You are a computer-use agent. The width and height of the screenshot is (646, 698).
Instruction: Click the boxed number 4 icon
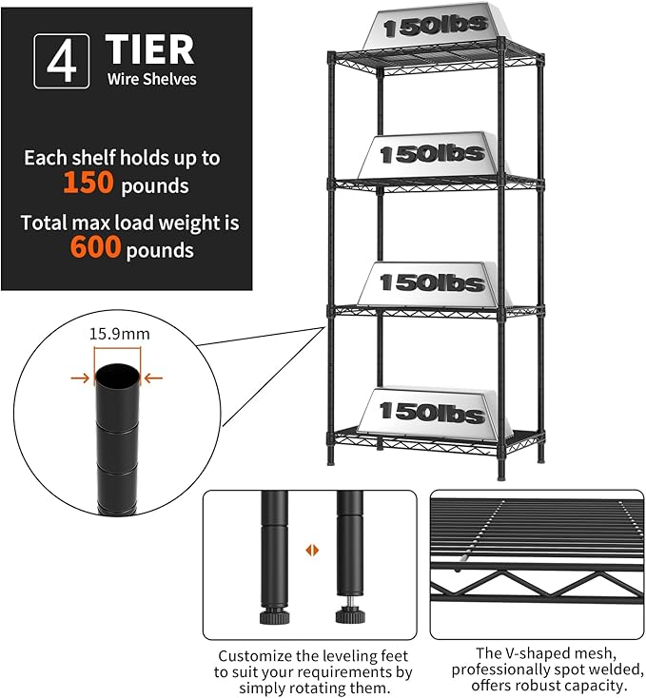(61, 61)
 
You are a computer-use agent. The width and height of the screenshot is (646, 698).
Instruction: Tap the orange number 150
(89, 183)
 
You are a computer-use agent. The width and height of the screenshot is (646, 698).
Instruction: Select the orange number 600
(96, 248)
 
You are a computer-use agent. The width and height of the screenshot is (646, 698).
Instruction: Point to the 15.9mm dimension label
(120, 334)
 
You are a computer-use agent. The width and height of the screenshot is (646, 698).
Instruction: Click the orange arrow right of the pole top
(153, 378)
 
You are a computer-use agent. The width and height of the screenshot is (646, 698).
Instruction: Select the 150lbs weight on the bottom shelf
(432, 412)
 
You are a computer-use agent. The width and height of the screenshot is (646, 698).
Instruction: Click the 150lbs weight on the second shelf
(432, 152)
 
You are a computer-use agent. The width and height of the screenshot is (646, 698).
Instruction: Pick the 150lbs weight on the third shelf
(432, 281)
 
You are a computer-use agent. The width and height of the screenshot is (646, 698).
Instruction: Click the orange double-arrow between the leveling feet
(310, 550)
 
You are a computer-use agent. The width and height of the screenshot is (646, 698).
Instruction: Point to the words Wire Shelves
(151, 79)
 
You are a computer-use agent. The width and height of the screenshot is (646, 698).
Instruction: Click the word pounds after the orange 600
(161, 250)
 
